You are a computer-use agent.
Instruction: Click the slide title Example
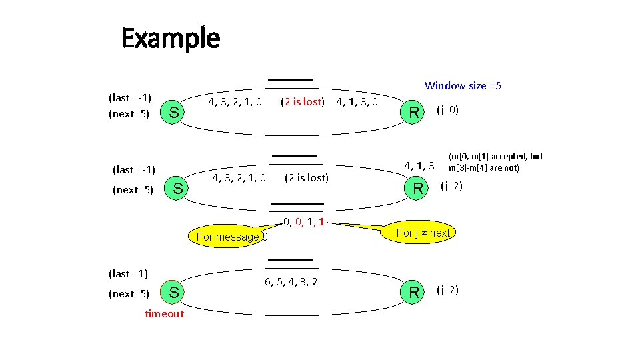[x=171, y=39]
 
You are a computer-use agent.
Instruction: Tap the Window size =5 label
[x=463, y=85]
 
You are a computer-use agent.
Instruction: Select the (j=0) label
[x=447, y=109]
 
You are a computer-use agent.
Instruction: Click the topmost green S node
[x=173, y=113]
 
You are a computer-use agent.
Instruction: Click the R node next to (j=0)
[x=415, y=113]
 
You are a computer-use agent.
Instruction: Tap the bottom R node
[x=415, y=293]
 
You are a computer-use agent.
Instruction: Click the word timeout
[x=164, y=314]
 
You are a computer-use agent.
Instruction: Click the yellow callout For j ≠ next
[x=423, y=233]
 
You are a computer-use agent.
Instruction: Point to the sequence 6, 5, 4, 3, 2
[x=291, y=282]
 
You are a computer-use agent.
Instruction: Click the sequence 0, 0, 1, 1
[x=303, y=222]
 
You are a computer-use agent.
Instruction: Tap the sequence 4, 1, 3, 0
[x=357, y=102]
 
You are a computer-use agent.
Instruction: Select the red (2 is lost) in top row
[x=303, y=102]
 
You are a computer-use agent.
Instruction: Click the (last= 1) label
[x=128, y=273]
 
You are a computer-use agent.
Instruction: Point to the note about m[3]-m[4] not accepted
[x=495, y=162]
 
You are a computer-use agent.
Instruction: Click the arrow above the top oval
[x=291, y=79]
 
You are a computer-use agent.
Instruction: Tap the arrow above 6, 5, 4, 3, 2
[x=291, y=259]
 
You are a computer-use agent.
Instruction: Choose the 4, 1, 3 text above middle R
[x=420, y=165]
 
